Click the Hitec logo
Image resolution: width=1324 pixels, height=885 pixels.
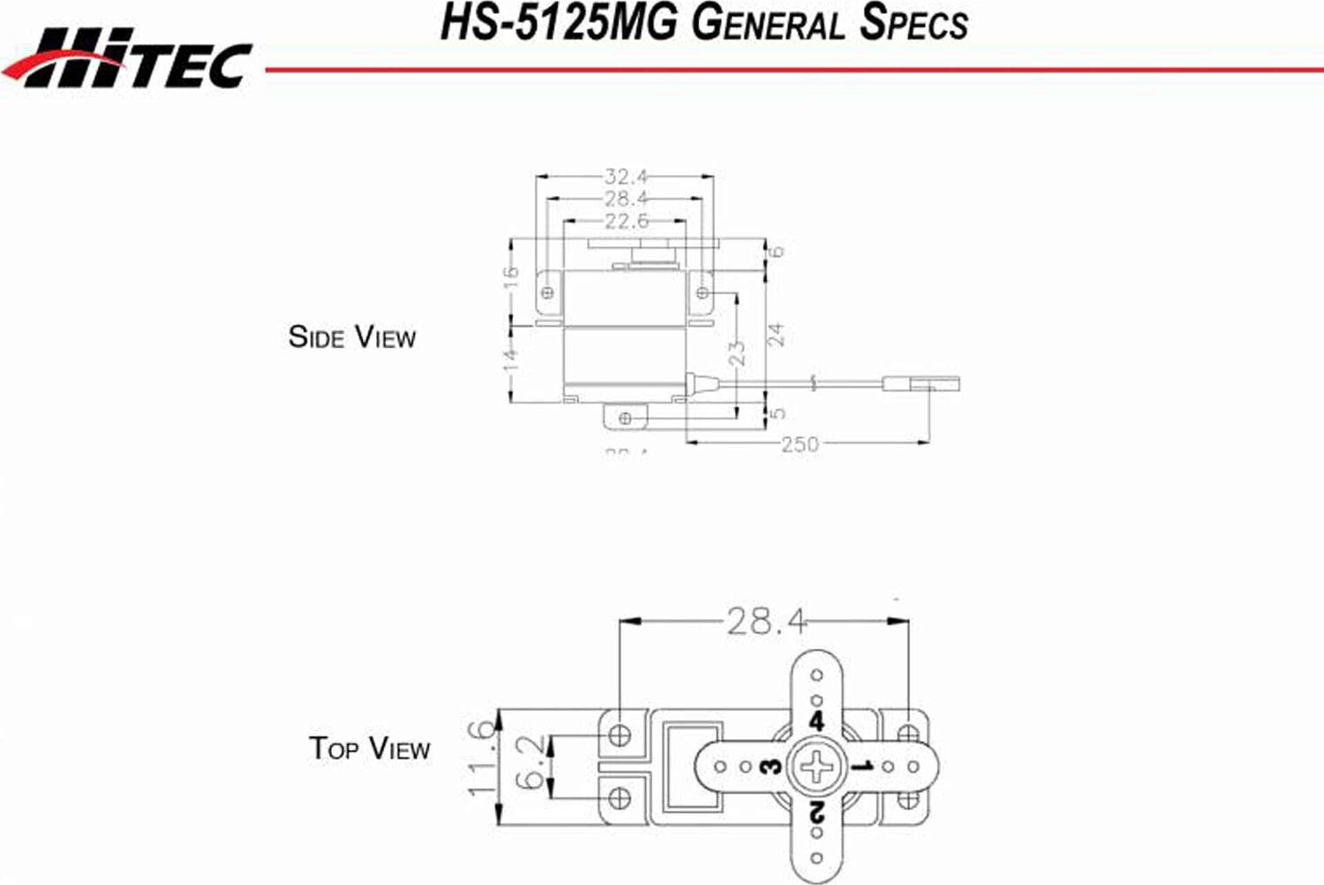click(x=128, y=59)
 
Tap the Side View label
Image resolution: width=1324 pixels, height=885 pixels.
click(x=351, y=337)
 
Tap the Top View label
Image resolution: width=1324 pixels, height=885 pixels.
click(x=369, y=748)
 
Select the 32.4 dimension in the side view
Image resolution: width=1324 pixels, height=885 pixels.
click(x=626, y=177)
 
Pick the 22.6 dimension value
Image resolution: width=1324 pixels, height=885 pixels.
click(x=626, y=221)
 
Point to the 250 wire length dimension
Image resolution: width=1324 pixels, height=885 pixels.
click(x=800, y=443)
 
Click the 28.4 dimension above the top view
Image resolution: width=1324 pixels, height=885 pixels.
click(x=765, y=622)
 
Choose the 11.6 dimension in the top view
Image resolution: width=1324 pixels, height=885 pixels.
click(x=482, y=758)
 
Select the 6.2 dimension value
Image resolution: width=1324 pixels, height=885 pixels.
click(x=530, y=764)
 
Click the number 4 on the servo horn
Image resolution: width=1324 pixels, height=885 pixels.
click(x=816, y=721)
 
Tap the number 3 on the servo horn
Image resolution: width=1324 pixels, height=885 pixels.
click(x=771, y=766)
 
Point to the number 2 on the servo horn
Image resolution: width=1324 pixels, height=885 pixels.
click(x=816, y=811)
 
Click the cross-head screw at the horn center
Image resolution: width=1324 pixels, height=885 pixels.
click(x=816, y=766)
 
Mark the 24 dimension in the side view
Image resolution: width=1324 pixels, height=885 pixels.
click(x=775, y=335)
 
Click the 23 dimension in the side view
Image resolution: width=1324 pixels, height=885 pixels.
click(x=737, y=352)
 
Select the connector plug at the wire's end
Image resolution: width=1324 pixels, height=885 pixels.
click(x=922, y=384)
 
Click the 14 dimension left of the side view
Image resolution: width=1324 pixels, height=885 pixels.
click(x=511, y=360)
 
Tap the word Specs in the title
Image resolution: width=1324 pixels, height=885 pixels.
click(x=913, y=23)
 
